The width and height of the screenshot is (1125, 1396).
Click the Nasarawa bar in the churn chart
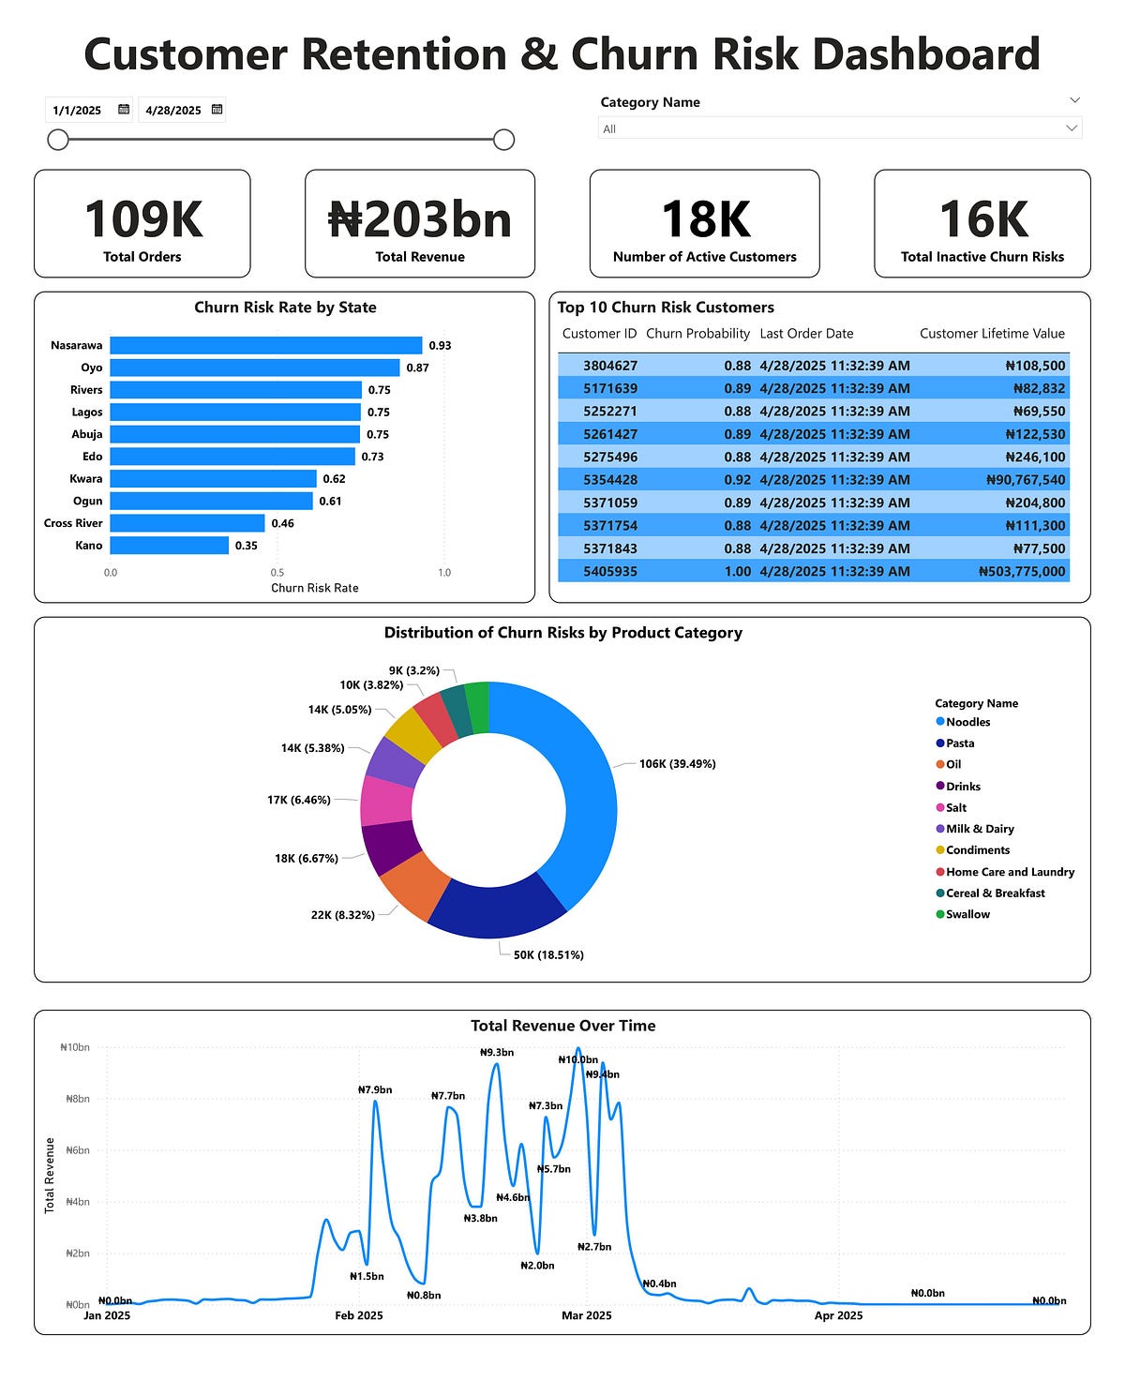click(x=265, y=345)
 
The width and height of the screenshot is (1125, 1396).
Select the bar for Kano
click(x=169, y=545)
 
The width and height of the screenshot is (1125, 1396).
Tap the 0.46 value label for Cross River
click(x=282, y=523)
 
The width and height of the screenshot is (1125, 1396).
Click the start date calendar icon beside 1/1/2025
click(x=124, y=110)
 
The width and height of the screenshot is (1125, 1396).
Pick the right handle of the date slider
click(x=503, y=140)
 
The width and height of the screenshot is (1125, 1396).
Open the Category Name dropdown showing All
click(x=839, y=128)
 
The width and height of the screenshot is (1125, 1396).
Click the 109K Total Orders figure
click(x=142, y=219)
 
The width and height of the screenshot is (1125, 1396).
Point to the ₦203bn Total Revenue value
click(x=419, y=220)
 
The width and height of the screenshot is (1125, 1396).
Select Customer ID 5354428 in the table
click(x=609, y=480)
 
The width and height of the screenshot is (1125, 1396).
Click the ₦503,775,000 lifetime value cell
click(x=1022, y=571)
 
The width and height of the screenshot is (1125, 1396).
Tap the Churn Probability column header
click(x=697, y=334)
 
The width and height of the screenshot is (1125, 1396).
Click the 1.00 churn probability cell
click(x=738, y=571)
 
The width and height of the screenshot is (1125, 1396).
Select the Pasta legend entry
click(x=960, y=743)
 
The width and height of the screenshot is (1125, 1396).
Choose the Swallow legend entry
click(x=967, y=914)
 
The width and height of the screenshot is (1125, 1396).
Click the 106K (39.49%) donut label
click(x=677, y=764)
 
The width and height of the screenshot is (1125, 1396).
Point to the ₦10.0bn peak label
click(x=577, y=1059)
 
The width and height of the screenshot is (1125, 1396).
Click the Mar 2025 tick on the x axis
click(x=586, y=1315)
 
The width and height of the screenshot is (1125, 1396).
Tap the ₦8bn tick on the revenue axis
click(x=77, y=1099)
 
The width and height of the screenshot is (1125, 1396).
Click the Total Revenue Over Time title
click(x=562, y=1026)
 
